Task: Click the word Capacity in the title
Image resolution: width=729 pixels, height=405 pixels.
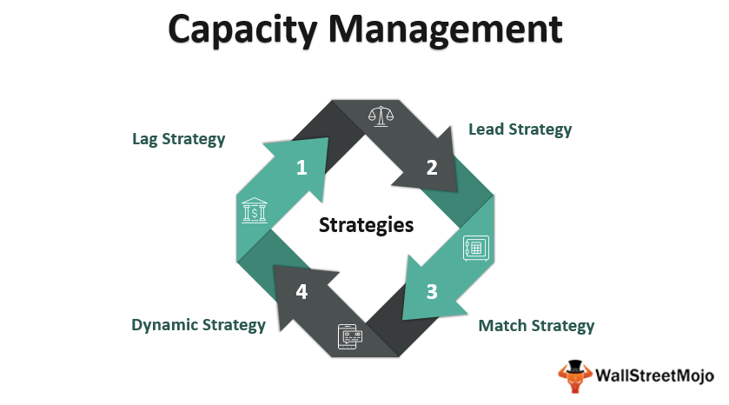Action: pyautogui.click(x=247, y=28)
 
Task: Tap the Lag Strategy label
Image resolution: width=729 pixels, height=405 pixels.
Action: pyautogui.click(x=178, y=138)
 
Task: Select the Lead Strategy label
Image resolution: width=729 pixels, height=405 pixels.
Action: pyautogui.click(x=520, y=129)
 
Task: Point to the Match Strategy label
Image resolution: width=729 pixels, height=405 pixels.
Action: pyautogui.click(x=537, y=326)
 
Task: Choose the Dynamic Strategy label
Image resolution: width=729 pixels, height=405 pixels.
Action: pyautogui.click(x=198, y=325)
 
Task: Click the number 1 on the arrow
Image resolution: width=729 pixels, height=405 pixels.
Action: pyautogui.click(x=302, y=167)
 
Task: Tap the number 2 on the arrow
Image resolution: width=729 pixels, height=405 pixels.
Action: pyautogui.click(x=432, y=168)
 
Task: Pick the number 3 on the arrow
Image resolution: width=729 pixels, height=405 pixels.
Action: pyautogui.click(x=432, y=291)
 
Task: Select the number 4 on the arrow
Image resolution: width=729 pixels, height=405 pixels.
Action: pyautogui.click(x=302, y=291)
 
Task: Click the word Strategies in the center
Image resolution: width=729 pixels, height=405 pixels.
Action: pyautogui.click(x=366, y=225)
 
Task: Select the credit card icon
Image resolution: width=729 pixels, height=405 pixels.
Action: pyautogui.click(x=350, y=335)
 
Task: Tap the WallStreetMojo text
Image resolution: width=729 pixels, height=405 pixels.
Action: pyautogui.click(x=654, y=376)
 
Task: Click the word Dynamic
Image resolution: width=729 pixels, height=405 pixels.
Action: pyautogui.click(x=165, y=325)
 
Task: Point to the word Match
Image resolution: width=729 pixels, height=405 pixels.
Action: pyautogui.click(x=502, y=326)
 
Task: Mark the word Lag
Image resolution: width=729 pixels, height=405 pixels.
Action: pyautogui.click(x=146, y=138)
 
